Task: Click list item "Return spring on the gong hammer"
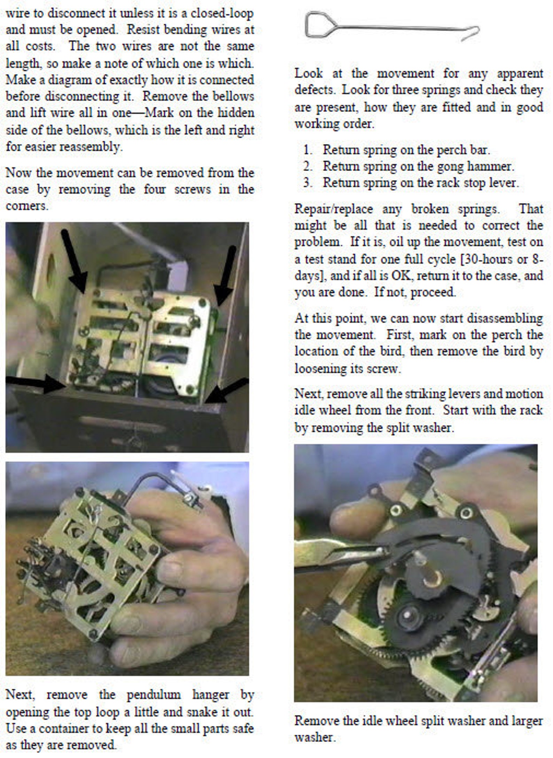418,166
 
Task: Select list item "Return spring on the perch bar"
406,150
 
